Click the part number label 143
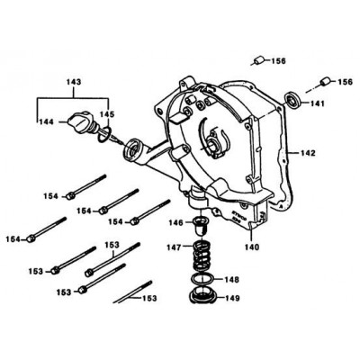pos(74,82)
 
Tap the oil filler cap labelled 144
pos(79,121)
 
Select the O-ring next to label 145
pos(103,134)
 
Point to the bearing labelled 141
pos(292,99)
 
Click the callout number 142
pos(308,153)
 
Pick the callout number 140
pos(251,247)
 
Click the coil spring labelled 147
pos(202,256)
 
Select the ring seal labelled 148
pos(202,279)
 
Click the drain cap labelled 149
pos(202,295)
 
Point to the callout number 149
pos(232,298)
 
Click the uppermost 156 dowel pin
pos(259,60)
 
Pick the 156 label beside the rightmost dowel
pos(345,82)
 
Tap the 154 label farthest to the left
pos(13,239)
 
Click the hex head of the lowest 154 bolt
pos(31,238)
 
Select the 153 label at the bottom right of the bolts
pos(149,298)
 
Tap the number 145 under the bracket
pos(107,114)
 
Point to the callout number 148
pos(232,280)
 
